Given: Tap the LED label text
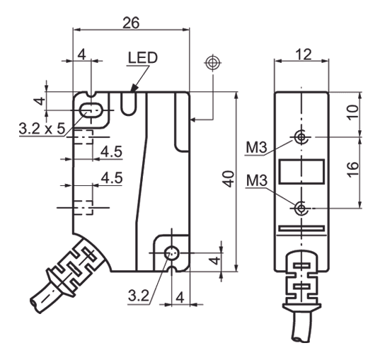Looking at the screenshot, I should tap(143, 58).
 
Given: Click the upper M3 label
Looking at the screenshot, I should tap(256, 149).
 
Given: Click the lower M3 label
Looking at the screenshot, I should tap(256, 182).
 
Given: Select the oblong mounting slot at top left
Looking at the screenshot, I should tap(91, 110).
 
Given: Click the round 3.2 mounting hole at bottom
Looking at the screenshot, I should tap(171, 254).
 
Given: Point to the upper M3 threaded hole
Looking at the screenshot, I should tap(302, 137).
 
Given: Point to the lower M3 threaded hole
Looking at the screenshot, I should tap(302, 207).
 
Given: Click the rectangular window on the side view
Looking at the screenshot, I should tap(302, 171).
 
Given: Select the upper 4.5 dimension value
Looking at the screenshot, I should tap(111, 151).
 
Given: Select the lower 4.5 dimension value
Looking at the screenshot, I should tap(111, 178).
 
